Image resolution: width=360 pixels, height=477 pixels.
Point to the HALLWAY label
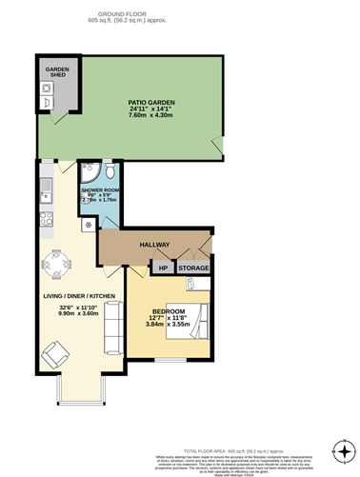pos(155,245)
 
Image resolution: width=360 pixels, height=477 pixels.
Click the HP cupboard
pos(162,268)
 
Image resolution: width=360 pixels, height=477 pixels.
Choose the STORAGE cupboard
pos(194,268)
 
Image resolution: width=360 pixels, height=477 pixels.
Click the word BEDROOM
pos(168,311)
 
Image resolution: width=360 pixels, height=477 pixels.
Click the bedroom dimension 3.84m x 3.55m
pos(168,325)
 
